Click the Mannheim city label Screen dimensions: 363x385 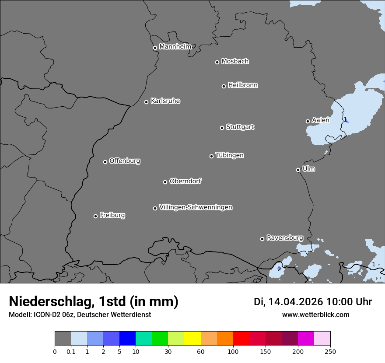click(x=175, y=47)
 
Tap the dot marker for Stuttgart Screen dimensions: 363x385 click(x=222, y=128)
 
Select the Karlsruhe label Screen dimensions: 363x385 click(x=165, y=101)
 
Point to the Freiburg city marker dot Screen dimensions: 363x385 click(x=95, y=216)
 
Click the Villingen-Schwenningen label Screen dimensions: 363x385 click(x=196, y=207)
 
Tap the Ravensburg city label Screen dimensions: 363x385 click(x=285, y=238)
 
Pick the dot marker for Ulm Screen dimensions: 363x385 click(x=298, y=170)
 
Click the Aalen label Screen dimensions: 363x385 click(x=321, y=120)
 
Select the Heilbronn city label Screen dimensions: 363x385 click(x=243, y=85)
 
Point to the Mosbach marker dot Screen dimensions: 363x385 click(x=217, y=62)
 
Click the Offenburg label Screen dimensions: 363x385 click(x=125, y=161)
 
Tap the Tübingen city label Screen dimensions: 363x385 click(x=230, y=155)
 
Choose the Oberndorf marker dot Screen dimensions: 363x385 click(x=165, y=182)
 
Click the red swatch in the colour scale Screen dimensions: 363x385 click(x=241, y=339)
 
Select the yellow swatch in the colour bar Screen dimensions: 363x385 click(x=192, y=339)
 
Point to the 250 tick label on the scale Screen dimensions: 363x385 click(x=330, y=351)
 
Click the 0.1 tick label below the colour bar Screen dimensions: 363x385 click(x=71, y=351)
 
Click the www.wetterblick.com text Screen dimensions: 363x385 click(x=315, y=314)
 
